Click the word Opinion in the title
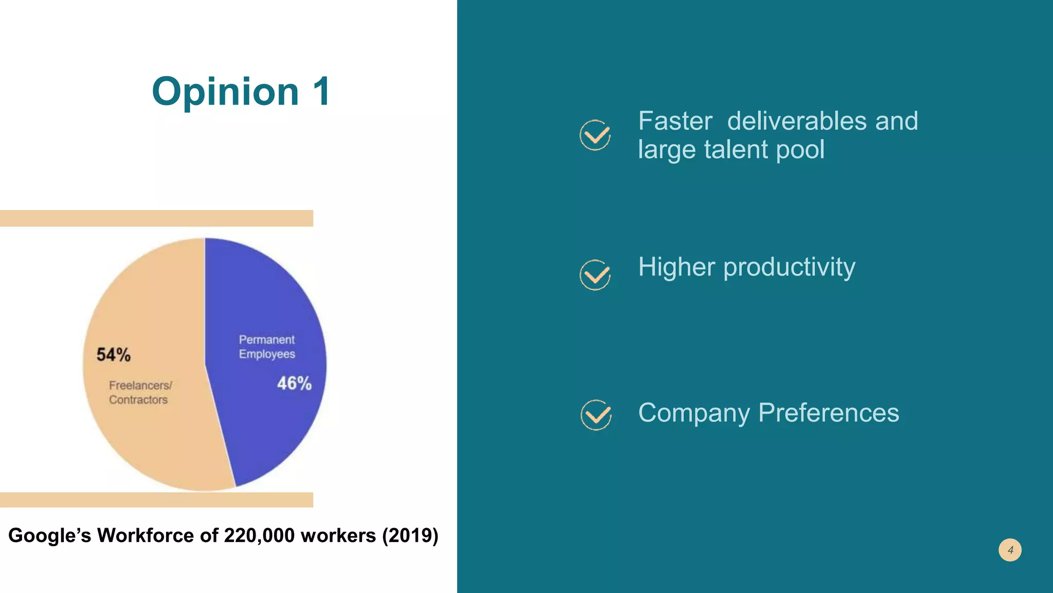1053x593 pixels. click(225, 92)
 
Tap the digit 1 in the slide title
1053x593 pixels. click(321, 92)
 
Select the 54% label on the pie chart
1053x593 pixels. click(114, 355)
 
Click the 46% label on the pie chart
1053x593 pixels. click(294, 383)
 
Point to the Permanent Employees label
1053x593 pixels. click(267, 347)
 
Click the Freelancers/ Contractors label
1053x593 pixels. click(140, 392)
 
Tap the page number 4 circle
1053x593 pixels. click(1010, 550)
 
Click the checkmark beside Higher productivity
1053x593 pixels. click(595, 275)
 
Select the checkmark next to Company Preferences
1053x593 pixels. click(596, 415)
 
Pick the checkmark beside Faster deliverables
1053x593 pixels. click(595, 135)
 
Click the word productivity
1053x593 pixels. click(789, 268)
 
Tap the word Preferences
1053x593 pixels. click(828, 413)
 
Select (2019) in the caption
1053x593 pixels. click(410, 535)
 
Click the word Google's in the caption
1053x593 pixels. click(49, 535)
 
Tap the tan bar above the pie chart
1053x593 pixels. click(156, 218)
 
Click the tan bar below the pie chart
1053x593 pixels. click(156, 500)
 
